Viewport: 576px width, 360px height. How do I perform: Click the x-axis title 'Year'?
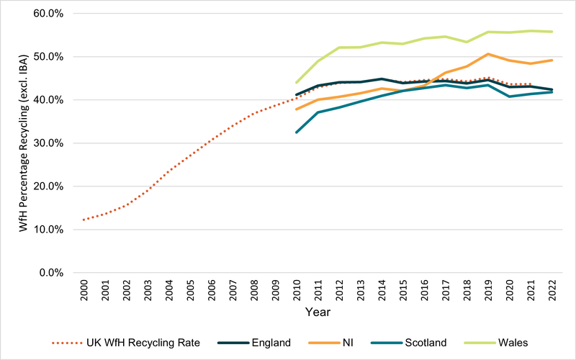pyautogui.click(x=317, y=312)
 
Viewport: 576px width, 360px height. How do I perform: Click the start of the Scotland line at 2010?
pyautogui.click(x=296, y=132)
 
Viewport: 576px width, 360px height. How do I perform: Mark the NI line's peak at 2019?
pyautogui.click(x=488, y=54)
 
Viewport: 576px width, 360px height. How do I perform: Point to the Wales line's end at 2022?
pyautogui.click(x=552, y=32)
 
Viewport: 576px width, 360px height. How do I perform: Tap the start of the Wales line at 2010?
pyautogui.click(x=296, y=83)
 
